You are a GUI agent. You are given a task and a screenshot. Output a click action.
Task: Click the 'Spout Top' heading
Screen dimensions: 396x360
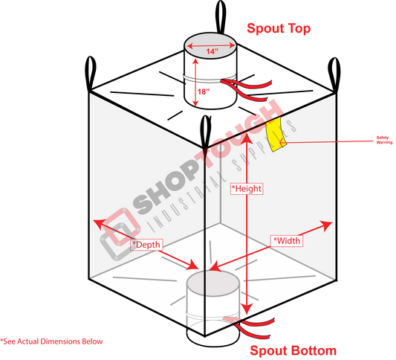[x=279, y=28]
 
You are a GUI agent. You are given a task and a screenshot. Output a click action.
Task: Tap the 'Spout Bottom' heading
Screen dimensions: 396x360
[x=293, y=350]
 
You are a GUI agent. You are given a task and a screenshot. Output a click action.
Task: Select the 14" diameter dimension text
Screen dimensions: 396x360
[x=212, y=51]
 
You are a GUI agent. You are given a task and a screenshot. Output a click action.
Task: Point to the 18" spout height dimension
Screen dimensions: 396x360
[x=204, y=91]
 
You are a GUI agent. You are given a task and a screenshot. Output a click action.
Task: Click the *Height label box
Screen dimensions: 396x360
[x=247, y=189]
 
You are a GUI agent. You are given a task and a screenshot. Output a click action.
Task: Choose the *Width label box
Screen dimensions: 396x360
[x=287, y=241]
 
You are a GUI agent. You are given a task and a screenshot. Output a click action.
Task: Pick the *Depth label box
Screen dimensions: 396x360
[x=146, y=245]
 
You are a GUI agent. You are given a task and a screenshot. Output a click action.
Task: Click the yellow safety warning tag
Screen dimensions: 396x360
[x=276, y=135]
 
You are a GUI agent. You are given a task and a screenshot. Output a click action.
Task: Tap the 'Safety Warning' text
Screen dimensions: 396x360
[x=384, y=140]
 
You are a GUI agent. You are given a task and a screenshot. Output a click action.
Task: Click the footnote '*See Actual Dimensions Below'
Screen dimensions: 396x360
[x=51, y=341]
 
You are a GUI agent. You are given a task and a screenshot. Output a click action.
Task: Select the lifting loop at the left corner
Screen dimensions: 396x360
[x=91, y=74]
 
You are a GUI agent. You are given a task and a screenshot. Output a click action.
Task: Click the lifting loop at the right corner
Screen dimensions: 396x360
[x=334, y=75]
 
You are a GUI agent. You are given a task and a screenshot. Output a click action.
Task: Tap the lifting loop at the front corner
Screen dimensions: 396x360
[x=205, y=132]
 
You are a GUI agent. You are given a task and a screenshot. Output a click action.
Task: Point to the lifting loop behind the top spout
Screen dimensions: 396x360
[x=221, y=17]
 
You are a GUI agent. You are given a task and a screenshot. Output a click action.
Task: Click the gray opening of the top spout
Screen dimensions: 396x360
[x=210, y=46]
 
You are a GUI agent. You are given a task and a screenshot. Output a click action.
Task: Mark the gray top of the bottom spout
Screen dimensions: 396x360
[x=212, y=283]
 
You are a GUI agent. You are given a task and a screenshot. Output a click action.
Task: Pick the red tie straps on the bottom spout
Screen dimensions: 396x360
[x=250, y=327]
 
